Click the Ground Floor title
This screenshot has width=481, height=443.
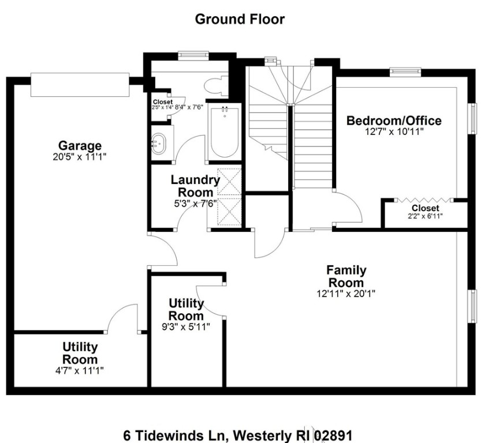pos(240,19)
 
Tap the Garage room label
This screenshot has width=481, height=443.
pos(80,145)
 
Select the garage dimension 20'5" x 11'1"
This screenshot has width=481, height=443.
pos(80,156)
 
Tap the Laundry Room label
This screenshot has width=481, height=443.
pos(195,186)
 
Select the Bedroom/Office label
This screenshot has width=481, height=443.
pos(394,121)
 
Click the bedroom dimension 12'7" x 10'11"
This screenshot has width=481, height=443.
pos(394,132)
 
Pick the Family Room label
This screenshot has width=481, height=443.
pos(346,276)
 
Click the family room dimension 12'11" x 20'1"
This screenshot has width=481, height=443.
pos(346,293)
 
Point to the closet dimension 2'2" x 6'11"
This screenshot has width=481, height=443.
pos(425,216)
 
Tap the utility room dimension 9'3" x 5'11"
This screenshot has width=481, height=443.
pos(186,326)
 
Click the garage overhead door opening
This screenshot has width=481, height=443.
pos(80,85)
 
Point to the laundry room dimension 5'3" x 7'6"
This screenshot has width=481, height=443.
pos(195,203)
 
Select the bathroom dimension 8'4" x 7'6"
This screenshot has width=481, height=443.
pos(190,107)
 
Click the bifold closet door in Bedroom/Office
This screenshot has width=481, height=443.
pos(425,200)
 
